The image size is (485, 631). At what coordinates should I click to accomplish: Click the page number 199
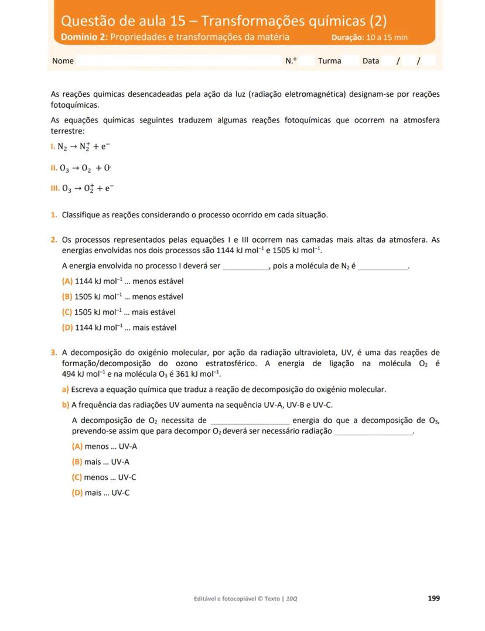(x=433, y=598)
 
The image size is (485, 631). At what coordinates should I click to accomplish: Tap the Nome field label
(x=63, y=61)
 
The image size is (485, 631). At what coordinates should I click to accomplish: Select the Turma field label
(x=329, y=61)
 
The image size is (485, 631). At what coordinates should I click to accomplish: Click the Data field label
(x=371, y=61)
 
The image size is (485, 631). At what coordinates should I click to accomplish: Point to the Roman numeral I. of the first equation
(x=53, y=146)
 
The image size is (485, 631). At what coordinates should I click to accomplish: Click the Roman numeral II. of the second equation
(x=54, y=168)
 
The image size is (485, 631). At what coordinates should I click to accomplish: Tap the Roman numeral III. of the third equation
(x=55, y=188)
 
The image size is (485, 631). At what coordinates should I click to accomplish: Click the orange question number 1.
(x=54, y=215)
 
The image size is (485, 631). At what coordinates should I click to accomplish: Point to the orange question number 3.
(x=54, y=353)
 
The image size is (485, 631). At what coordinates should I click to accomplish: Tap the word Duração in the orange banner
(x=347, y=37)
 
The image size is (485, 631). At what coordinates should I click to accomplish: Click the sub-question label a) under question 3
(x=66, y=390)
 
